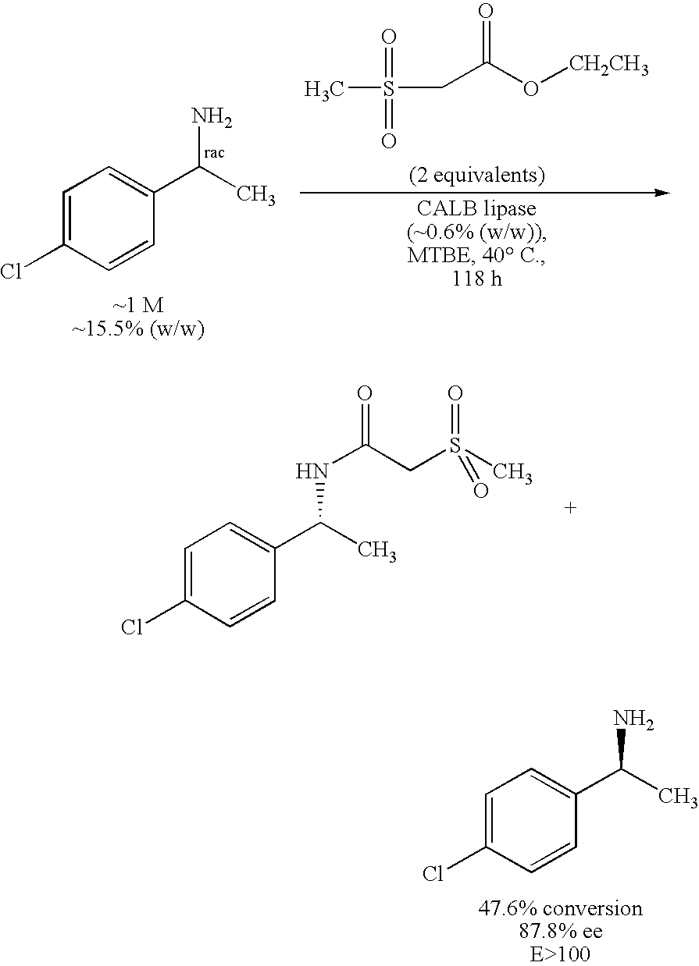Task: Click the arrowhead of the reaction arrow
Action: coord(665,193)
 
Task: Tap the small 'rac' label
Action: coord(213,152)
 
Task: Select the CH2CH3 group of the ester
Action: coord(608,66)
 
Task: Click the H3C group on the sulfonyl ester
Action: coord(324,90)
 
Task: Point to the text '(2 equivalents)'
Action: coord(476,175)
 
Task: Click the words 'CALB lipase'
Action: coord(476,210)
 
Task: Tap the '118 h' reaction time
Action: coord(476,279)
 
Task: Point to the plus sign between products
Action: coord(570,508)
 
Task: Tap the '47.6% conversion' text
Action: coord(560,908)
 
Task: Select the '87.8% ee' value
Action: coord(560,931)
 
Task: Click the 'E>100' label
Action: coord(560,954)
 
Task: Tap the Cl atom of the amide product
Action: coord(132,627)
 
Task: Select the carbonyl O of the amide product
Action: coord(364,392)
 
